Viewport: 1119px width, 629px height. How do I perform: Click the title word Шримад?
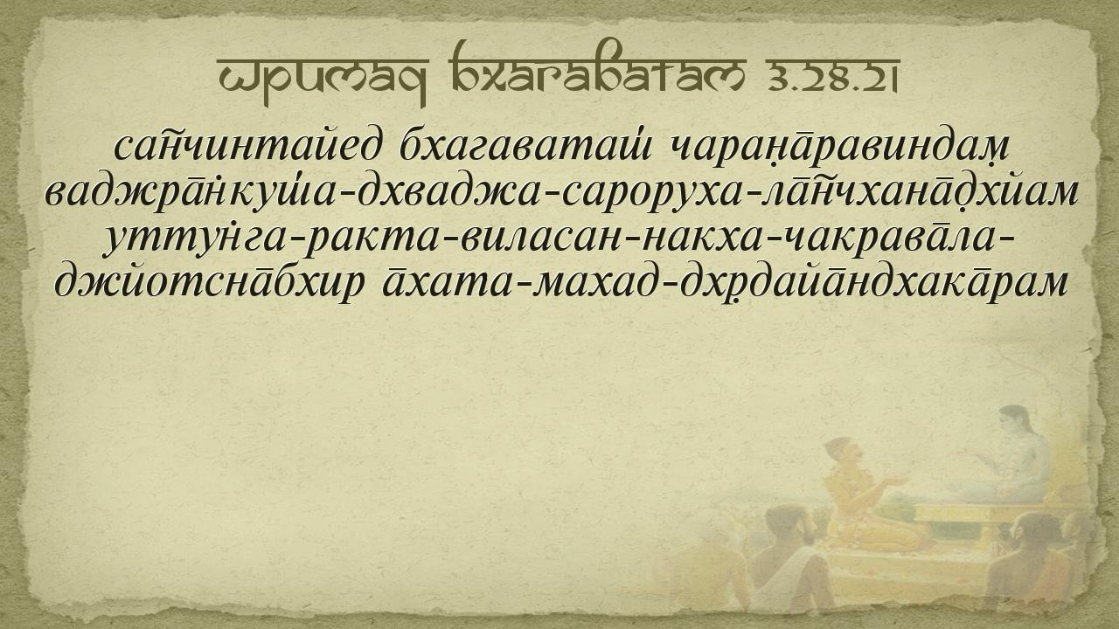323,80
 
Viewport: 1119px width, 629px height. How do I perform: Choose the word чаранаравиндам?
840,148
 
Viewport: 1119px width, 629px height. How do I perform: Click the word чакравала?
888,239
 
